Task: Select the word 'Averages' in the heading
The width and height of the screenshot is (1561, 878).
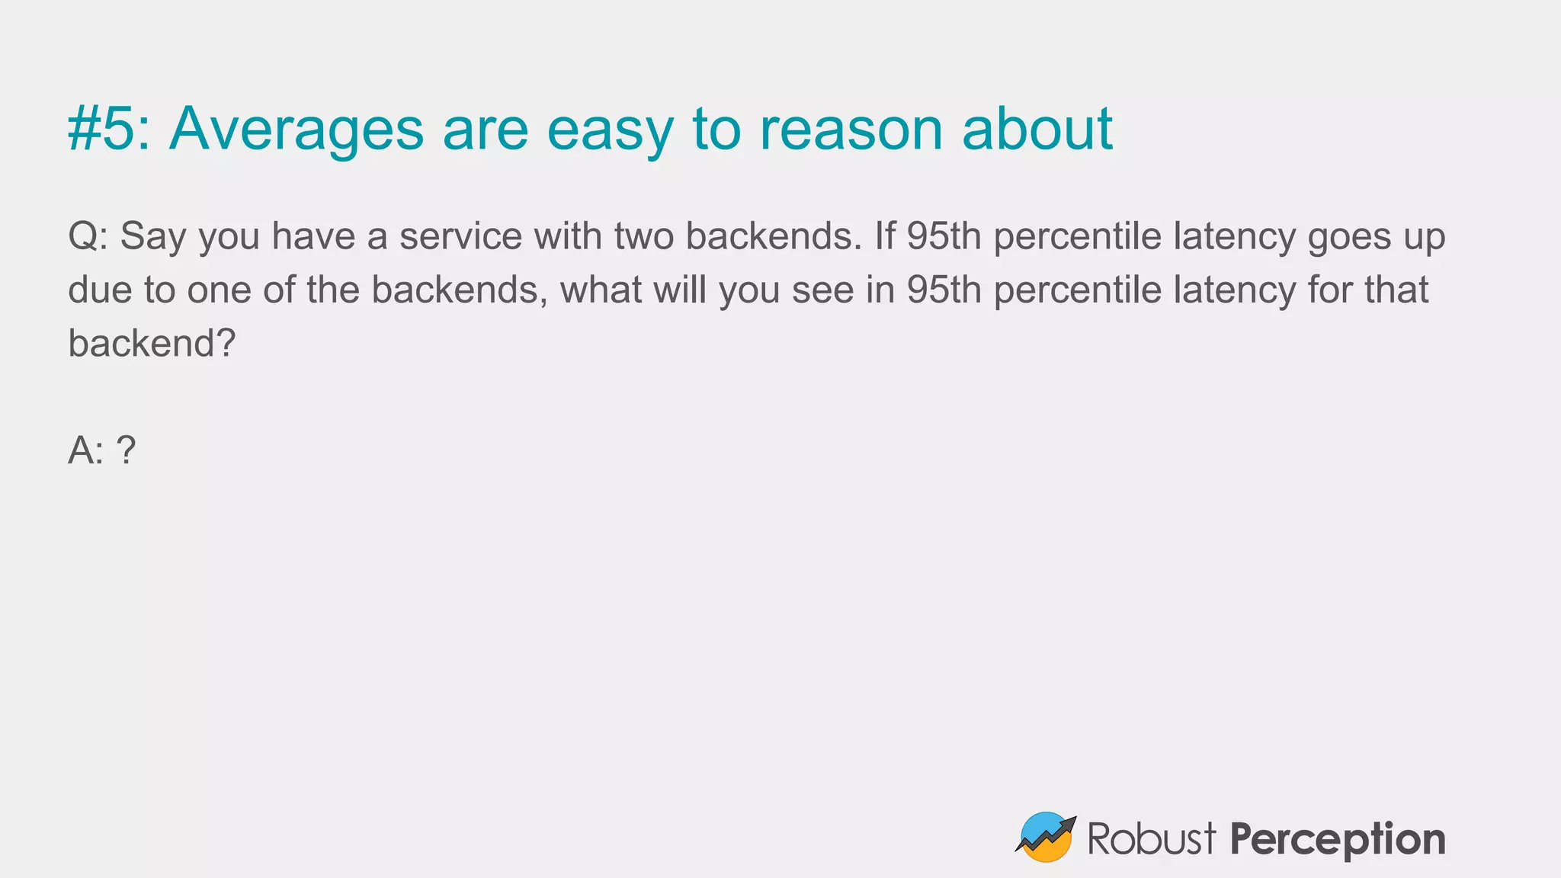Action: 296,129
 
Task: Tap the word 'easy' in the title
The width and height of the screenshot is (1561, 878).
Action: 610,130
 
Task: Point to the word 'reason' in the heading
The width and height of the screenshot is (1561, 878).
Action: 851,130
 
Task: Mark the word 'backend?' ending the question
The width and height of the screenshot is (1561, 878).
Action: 152,343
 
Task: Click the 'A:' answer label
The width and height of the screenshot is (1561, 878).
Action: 85,450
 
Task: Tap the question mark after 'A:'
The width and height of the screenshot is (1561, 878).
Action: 127,450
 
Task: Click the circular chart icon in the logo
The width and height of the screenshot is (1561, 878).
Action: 1045,837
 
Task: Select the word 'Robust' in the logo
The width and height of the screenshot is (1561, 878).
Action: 1151,839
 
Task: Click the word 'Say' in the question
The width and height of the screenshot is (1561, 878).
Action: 152,237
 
